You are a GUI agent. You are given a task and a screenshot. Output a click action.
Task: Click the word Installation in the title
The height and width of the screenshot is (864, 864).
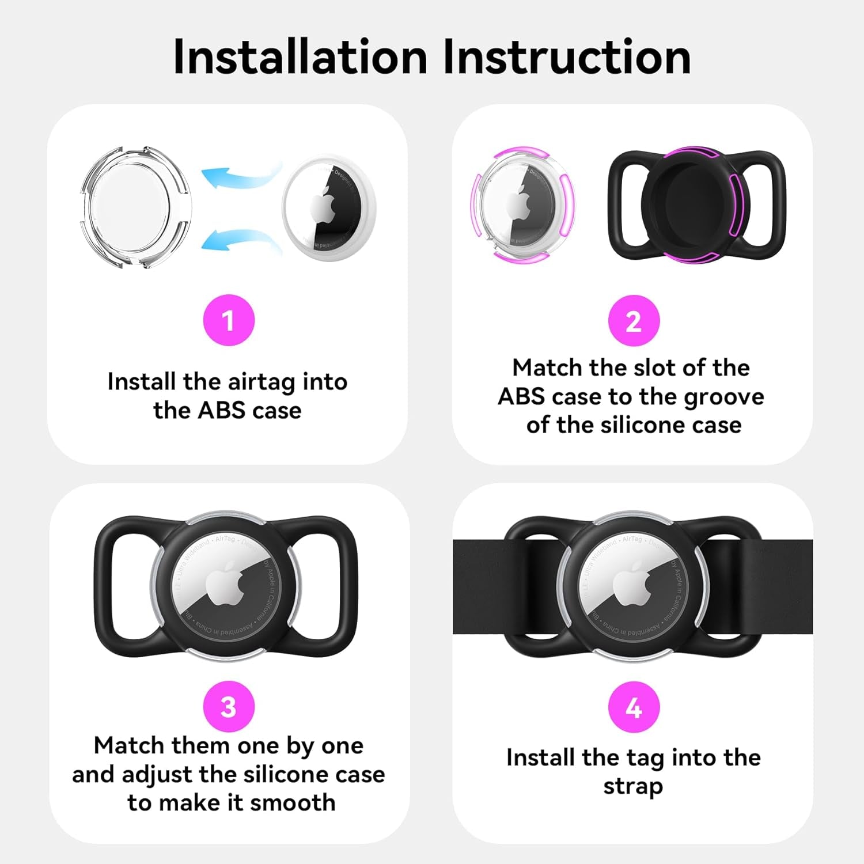(x=300, y=57)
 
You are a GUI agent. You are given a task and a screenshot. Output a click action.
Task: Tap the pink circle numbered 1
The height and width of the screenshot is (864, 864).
(x=229, y=320)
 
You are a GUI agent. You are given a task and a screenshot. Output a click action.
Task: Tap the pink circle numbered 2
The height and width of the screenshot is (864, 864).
(x=634, y=320)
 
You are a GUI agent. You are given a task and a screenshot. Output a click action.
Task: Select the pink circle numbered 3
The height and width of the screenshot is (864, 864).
(x=229, y=707)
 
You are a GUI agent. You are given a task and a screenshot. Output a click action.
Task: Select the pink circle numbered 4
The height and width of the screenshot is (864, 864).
(x=634, y=707)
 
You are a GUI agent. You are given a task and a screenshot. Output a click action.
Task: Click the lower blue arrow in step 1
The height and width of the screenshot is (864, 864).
(x=239, y=239)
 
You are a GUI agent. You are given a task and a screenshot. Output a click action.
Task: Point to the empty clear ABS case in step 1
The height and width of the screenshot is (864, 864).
(x=134, y=207)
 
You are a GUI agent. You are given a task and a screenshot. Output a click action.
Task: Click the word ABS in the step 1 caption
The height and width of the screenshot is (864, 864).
(x=221, y=411)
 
